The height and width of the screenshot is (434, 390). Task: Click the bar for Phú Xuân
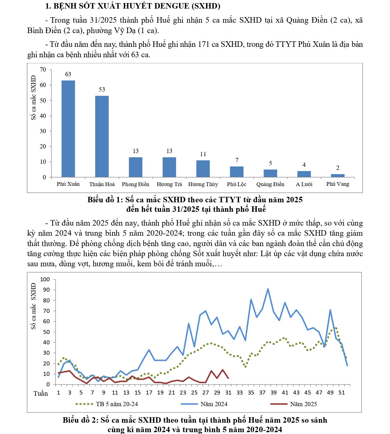pyautogui.click(x=68, y=129)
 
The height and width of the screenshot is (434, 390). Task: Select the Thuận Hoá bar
pyautogui.click(x=102, y=136)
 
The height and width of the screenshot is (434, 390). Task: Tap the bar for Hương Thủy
pyautogui.click(x=203, y=169)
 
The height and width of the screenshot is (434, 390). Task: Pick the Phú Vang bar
pyautogui.click(x=338, y=175)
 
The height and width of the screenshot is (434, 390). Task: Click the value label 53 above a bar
pyautogui.click(x=102, y=89)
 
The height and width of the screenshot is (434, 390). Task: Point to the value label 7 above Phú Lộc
pyautogui.click(x=237, y=160)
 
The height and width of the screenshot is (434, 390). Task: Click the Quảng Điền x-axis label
pyautogui.click(x=270, y=184)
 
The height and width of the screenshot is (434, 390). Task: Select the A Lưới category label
pyautogui.click(x=304, y=184)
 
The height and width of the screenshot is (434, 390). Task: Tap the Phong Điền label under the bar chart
pyautogui.click(x=135, y=184)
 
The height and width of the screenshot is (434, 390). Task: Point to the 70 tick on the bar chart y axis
pyautogui.click(x=43, y=70)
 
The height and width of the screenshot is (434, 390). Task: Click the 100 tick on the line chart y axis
pyautogui.click(x=45, y=279)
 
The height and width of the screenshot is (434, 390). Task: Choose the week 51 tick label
pyautogui.click(x=342, y=393)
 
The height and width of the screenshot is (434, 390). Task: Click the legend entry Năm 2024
pyautogui.click(x=214, y=404)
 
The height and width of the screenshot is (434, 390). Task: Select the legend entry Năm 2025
pyautogui.click(x=303, y=404)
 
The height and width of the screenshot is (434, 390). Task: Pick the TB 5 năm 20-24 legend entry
pyautogui.click(x=117, y=404)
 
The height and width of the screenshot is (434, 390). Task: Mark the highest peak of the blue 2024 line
pyautogui.click(x=268, y=289)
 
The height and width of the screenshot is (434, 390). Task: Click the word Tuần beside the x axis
pyautogui.click(x=41, y=394)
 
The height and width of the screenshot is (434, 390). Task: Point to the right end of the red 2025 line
pyautogui.click(x=228, y=378)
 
